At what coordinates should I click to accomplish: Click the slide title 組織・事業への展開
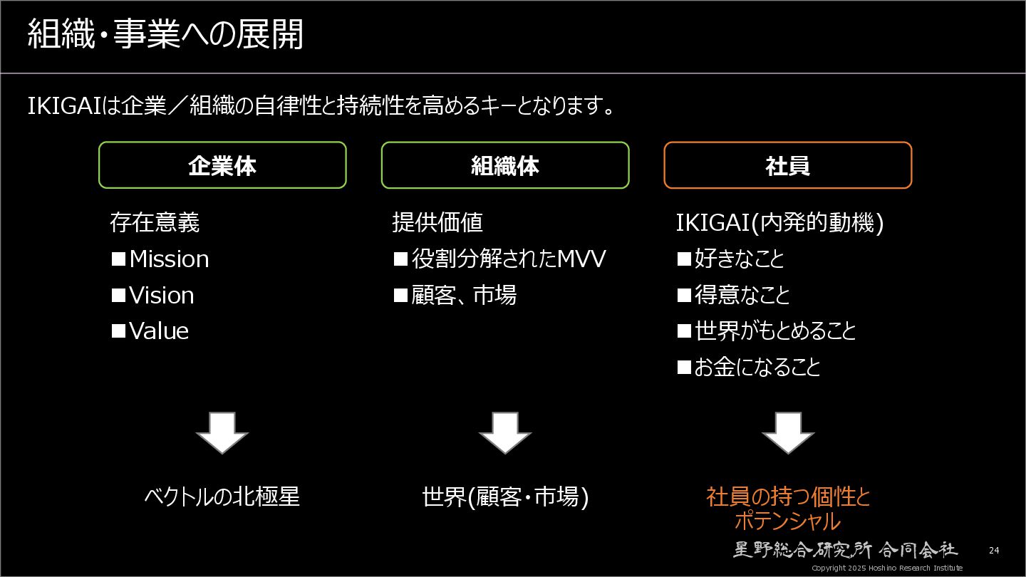(x=165, y=35)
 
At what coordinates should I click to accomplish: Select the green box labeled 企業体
(x=222, y=165)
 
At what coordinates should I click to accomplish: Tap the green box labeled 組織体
(x=505, y=165)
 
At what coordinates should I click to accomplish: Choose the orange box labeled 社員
(x=787, y=165)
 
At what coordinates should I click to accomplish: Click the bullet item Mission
(x=169, y=259)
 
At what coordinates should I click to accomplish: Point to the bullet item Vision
(x=161, y=295)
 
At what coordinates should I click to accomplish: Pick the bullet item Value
(x=158, y=331)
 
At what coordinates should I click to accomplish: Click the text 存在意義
(x=155, y=222)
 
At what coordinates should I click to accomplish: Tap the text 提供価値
(x=437, y=222)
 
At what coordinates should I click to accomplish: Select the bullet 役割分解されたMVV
(x=508, y=259)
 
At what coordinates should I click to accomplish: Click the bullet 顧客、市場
(x=464, y=295)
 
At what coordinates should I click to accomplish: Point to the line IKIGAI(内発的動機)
(x=780, y=222)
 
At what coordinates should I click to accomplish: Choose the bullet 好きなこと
(x=739, y=259)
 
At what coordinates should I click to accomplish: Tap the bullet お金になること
(x=757, y=368)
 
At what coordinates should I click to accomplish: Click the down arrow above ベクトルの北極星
(x=222, y=432)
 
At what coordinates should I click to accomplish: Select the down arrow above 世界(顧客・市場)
(x=505, y=432)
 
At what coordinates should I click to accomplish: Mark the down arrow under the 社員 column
(x=788, y=432)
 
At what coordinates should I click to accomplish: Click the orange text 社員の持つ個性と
(x=788, y=497)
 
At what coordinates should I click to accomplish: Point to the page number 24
(x=994, y=551)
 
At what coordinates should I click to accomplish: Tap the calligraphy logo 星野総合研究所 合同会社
(x=846, y=549)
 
